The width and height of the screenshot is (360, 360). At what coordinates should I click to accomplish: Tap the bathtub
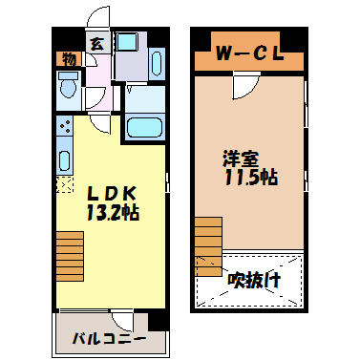click(x=145, y=125)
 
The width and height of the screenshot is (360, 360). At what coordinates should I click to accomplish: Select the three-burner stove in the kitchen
click(x=65, y=126)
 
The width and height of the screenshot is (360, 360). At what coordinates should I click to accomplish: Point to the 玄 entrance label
click(x=97, y=43)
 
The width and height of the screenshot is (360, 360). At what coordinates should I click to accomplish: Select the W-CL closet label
click(x=247, y=53)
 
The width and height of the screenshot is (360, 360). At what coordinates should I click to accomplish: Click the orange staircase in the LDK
click(x=70, y=257)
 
